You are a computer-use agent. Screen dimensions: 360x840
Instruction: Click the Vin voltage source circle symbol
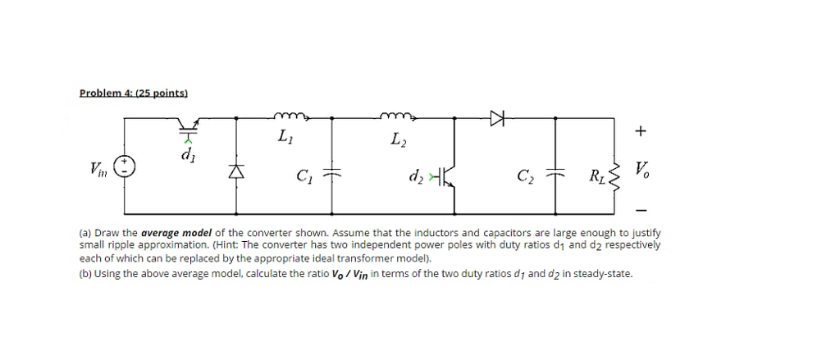(125, 167)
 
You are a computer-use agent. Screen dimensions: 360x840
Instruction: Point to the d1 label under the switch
(188, 152)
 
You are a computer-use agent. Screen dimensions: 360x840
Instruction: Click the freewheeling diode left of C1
(236, 172)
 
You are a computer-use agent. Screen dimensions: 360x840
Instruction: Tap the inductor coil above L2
(398, 116)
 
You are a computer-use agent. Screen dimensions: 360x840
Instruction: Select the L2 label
(399, 144)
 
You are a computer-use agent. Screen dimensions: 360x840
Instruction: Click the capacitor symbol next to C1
(332, 174)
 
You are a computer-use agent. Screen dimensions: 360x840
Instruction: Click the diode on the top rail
(496, 118)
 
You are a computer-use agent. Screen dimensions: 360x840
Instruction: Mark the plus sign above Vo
(641, 130)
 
